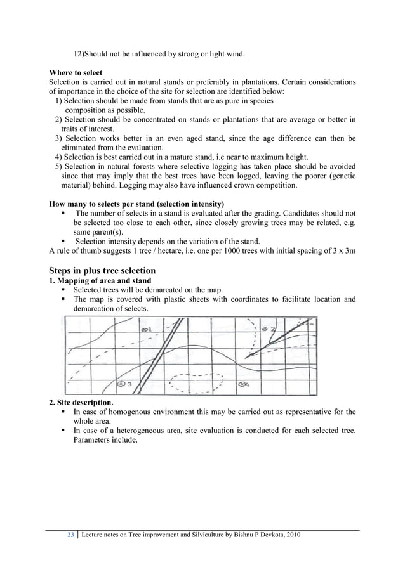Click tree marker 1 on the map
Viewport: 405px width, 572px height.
(145, 330)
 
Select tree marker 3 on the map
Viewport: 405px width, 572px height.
(124, 384)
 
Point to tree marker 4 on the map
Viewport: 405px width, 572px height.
(243, 384)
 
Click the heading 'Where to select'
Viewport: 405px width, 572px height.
(76, 73)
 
